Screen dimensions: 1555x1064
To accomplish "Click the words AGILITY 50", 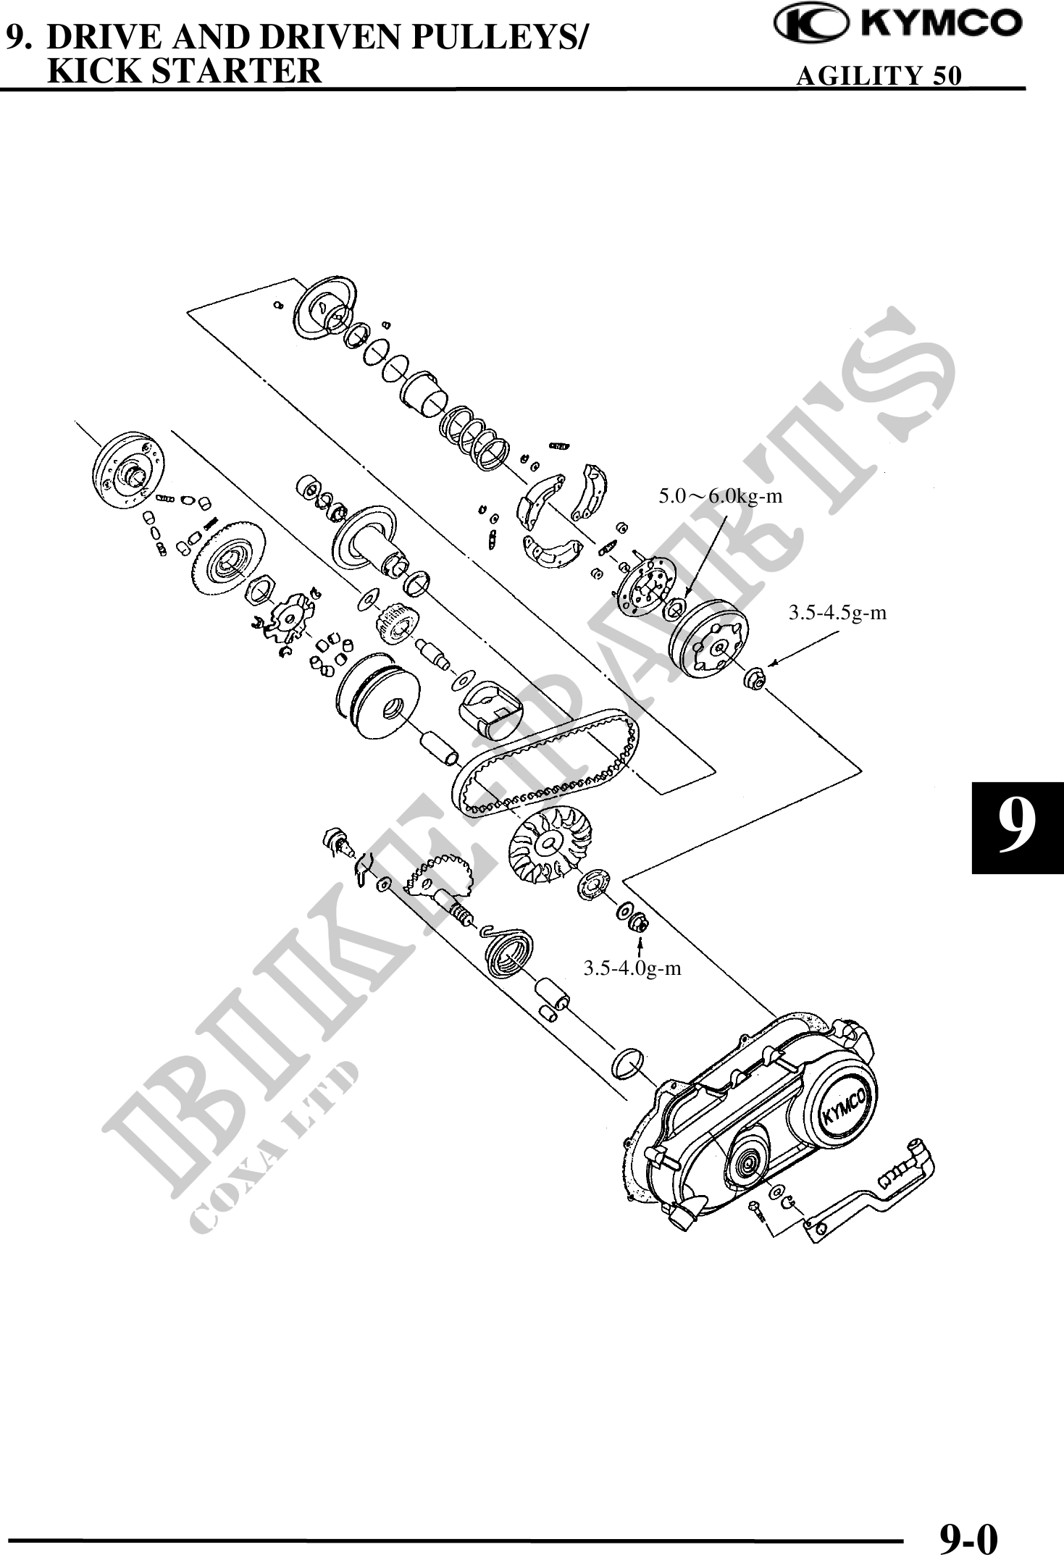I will pyautogui.click(x=878, y=75).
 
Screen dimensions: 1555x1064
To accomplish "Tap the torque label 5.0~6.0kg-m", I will pyautogui.click(x=720, y=497).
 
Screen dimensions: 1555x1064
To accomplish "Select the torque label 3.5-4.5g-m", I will pyautogui.click(x=837, y=613).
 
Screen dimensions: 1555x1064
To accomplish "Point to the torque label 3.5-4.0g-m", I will pyautogui.click(x=632, y=968).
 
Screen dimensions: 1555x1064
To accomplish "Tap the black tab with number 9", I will pyautogui.click(x=1016, y=827).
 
